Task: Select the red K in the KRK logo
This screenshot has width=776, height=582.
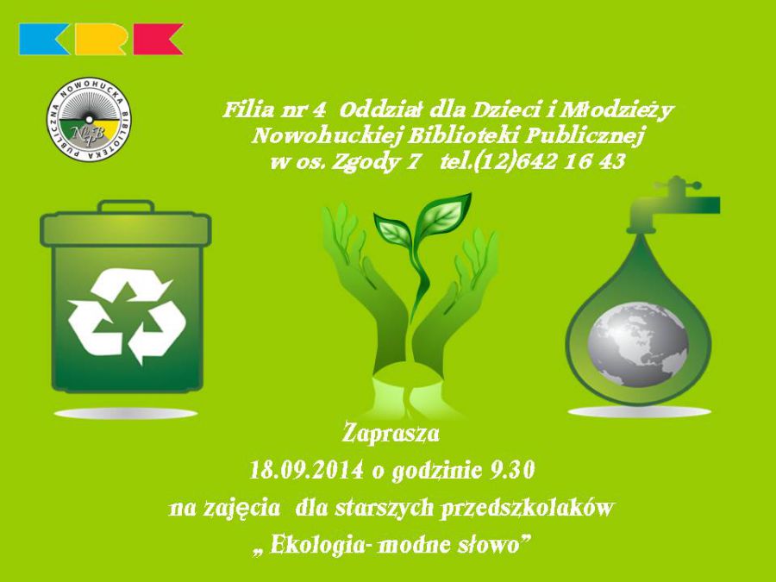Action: click(x=158, y=39)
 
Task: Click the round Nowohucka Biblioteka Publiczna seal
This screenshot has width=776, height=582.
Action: click(x=89, y=118)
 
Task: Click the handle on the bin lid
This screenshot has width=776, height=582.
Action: click(x=126, y=206)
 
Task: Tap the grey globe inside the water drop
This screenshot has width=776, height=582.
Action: click(x=637, y=344)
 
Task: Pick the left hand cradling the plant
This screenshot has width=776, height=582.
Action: click(x=365, y=277)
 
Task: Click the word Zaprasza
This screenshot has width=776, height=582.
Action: click(x=391, y=434)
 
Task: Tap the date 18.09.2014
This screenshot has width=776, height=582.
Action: click(x=306, y=470)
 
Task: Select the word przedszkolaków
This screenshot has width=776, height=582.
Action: click(x=528, y=508)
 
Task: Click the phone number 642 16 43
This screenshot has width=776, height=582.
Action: click(x=570, y=161)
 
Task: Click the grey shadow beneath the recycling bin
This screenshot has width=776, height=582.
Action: click(x=126, y=414)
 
